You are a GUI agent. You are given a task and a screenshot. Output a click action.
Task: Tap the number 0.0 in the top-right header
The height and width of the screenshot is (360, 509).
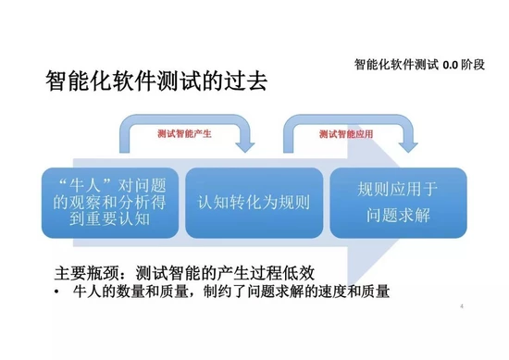coord(450,64)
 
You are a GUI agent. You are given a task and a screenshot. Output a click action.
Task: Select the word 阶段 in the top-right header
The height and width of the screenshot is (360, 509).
coord(477,64)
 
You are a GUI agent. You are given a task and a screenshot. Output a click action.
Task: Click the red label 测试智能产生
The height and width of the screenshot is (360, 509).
coord(185,134)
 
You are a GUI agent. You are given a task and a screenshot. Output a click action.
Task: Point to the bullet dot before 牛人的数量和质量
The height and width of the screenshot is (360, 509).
coord(57,293)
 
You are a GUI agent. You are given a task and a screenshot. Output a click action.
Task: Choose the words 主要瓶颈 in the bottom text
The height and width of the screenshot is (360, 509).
coord(83,274)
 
